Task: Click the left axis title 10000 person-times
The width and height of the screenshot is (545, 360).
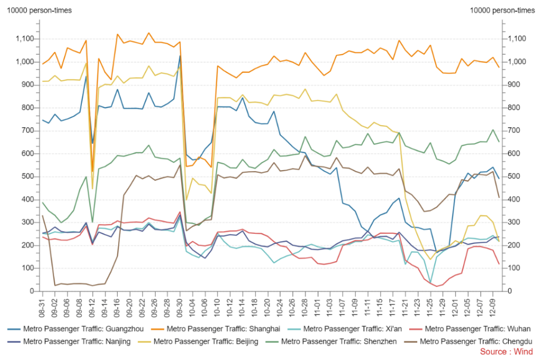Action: coord(39,10)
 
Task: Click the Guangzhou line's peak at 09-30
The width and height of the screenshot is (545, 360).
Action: coord(180,56)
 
